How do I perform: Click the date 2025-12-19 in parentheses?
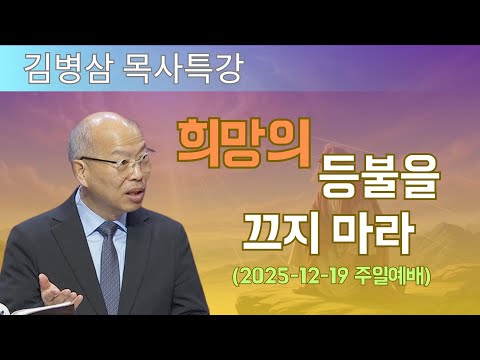click(x=301, y=276)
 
